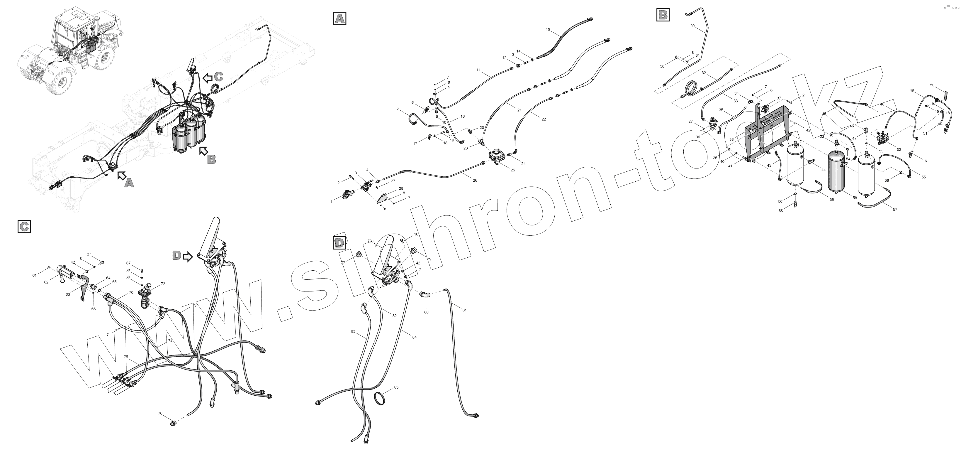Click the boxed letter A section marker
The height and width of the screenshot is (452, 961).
pos(339,18)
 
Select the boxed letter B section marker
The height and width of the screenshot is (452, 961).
pos(663,15)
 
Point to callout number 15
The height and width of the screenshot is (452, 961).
pos(548,30)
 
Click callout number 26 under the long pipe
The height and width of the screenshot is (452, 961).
pos(475,181)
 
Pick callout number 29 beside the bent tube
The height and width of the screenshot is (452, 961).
pos(692,26)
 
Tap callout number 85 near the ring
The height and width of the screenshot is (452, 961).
pos(396,387)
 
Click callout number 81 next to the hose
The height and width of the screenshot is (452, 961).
pos(464,310)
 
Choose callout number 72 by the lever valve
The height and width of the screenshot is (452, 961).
pos(163,284)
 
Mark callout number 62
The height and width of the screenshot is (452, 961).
pos(46,282)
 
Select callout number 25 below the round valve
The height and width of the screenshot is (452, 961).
pos(512,170)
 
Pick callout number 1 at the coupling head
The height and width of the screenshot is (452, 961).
pos(331,202)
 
